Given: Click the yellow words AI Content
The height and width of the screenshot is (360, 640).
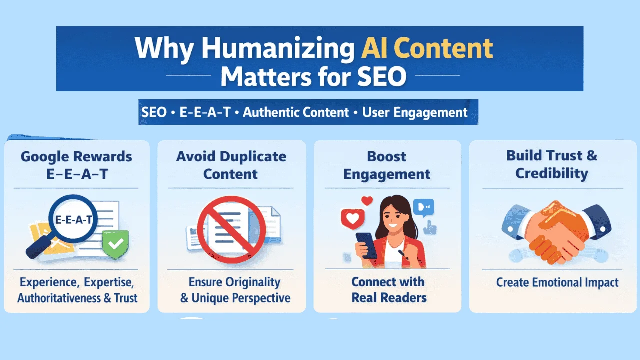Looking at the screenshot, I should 426,49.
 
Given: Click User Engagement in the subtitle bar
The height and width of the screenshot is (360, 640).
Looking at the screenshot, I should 415,112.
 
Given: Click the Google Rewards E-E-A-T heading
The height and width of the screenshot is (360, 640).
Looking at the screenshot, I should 76,165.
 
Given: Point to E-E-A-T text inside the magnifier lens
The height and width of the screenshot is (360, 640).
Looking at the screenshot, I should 74,220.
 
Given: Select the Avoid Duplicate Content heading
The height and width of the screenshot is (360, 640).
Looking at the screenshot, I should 231,165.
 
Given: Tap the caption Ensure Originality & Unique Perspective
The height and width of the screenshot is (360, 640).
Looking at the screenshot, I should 235,290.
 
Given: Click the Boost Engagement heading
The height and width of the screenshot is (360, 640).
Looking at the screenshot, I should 387,165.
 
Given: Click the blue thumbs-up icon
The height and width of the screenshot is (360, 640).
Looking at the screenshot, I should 429,228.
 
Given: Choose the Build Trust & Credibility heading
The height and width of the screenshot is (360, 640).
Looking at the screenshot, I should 551,164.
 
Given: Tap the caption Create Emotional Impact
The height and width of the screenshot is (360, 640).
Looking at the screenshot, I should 557,282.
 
